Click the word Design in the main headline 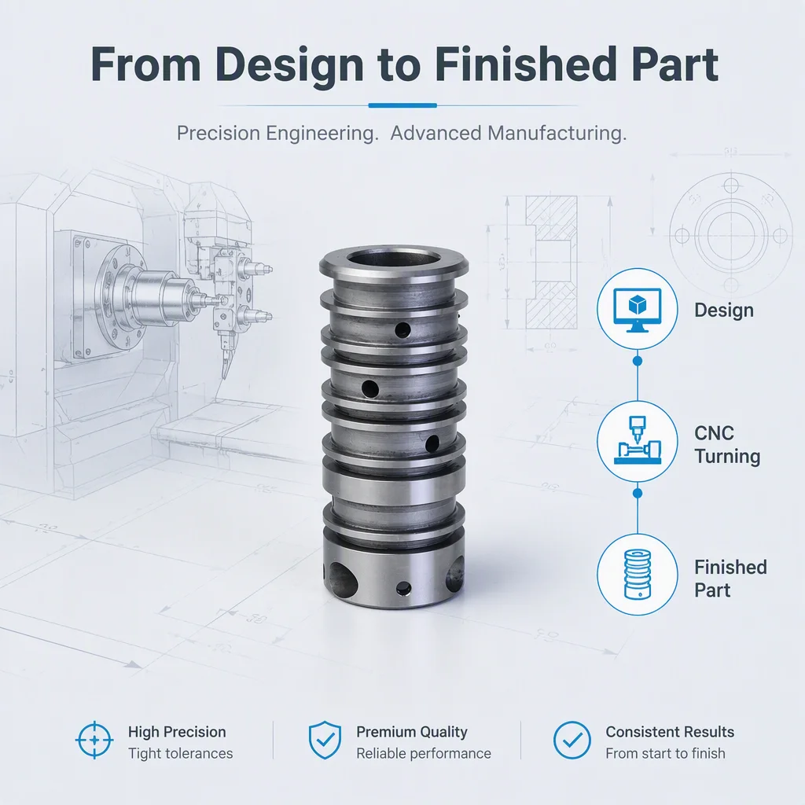tap(289, 64)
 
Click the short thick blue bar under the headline tap(402, 105)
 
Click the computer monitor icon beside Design tap(637, 310)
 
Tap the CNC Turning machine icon tap(637, 440)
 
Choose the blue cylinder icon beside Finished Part tap(637, 574)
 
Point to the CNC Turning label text tap(727, 445)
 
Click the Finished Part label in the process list tap(730, 579)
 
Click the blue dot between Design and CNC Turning tap(637, 361)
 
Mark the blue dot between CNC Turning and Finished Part tap(637, 494)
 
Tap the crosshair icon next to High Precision tap(94, 740)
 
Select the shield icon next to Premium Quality tap(325, 740)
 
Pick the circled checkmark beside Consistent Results tap(572, 740)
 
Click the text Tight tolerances tap(180, 753)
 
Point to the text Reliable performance tap(424, 753)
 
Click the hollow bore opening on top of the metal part tap(393, 258)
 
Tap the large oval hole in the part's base tap(343, 579)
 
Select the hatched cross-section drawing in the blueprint tap(551, 262)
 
